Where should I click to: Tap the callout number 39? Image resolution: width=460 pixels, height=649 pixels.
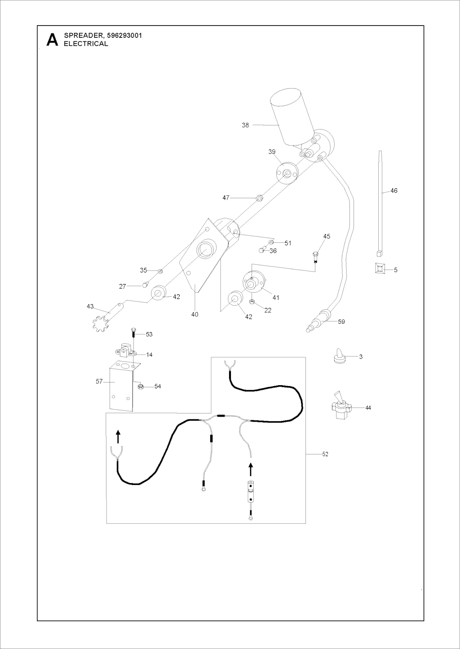pos(272,152)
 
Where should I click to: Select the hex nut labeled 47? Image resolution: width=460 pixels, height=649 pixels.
pos(259,198)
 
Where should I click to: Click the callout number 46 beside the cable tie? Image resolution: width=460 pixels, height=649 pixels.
pos(394,191)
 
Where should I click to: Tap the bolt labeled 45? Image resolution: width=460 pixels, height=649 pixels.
pos(315,257)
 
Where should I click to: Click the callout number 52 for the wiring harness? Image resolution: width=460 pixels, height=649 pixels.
pos(325,454)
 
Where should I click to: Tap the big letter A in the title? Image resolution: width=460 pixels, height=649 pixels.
pos(52,40)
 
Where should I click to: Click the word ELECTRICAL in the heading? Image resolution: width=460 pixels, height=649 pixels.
pos(86,44)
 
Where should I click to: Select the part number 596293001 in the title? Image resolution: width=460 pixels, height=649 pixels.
pos(124,36)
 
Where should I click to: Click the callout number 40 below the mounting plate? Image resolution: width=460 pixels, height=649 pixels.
pos(195,314)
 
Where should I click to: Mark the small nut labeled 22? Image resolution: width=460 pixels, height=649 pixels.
pos(252,302)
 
